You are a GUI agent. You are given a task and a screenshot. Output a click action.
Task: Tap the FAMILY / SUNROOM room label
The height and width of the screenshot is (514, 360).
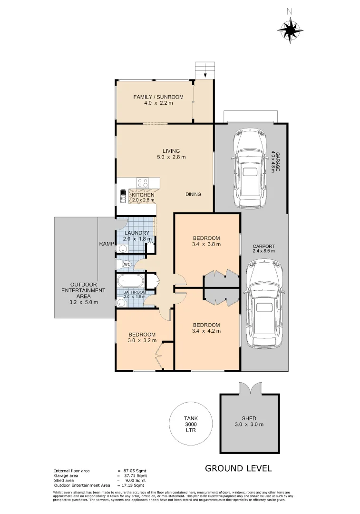(x=158, y=97)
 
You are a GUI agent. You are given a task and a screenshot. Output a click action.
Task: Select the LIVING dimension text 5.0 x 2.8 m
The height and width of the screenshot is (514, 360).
(x=172, y=157)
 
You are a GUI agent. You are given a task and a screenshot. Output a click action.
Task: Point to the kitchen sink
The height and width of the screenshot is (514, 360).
(x=123, y=196)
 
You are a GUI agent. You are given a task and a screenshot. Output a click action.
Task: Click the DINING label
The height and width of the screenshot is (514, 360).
(x=193, y=194)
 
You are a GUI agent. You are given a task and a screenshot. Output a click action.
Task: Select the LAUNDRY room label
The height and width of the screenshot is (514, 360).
(x=137, y=233)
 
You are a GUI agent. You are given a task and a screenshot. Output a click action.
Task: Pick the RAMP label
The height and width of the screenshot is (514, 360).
(x=105, y=243)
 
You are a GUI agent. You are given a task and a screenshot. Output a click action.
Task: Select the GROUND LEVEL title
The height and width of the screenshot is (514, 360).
(x=238, y=468)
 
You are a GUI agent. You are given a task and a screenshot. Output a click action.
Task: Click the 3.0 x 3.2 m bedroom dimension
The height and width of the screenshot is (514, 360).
(x=142, y=341)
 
